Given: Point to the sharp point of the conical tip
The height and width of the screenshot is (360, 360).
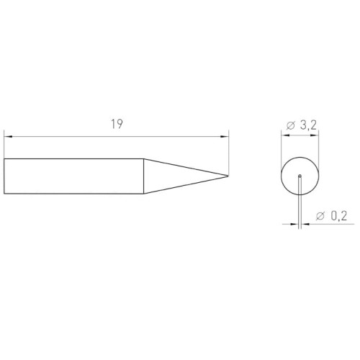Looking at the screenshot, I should tap(228, 176).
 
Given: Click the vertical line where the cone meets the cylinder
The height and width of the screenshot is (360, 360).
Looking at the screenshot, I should tap(143, 176).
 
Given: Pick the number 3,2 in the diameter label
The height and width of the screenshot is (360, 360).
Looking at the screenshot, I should tap(307, 125).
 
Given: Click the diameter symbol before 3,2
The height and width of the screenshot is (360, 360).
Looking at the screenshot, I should tap(289, 125).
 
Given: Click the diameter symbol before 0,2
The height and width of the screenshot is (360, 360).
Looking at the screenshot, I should tap(320, 215).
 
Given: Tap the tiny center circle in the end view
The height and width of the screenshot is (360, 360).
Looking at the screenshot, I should tap(299, 175).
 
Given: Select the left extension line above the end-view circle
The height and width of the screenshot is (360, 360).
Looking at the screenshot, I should tap(279, 148).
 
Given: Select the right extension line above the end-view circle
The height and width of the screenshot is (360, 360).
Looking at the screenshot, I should tap(319, 148).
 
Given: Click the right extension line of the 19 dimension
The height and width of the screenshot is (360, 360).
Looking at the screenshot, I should tap(229, 151).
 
